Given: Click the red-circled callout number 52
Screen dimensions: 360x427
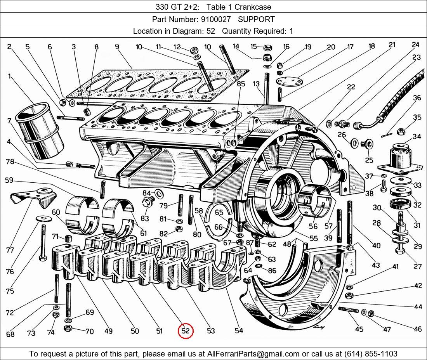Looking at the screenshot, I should click(x=186, y=331).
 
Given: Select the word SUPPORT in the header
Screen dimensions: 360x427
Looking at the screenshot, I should click(x=256, y=19).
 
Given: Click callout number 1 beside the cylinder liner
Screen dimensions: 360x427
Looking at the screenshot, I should click(x=9, y=76).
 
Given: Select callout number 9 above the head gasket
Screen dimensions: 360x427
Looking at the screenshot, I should click(x=116, y=47).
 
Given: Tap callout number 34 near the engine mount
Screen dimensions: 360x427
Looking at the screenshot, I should click(x=417, y=137).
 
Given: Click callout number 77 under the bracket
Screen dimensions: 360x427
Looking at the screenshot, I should click(x=10, y=250).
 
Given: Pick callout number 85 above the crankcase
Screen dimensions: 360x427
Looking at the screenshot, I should click(x=241, y=83).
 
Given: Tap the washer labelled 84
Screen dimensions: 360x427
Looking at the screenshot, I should click(x=159, y=192).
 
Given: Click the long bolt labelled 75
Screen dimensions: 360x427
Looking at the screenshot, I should click(x=41, y=241).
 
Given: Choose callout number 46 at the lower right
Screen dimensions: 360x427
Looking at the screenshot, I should click(x=417, y=329).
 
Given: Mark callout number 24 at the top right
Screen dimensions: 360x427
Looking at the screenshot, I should click(x=416, y=45).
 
